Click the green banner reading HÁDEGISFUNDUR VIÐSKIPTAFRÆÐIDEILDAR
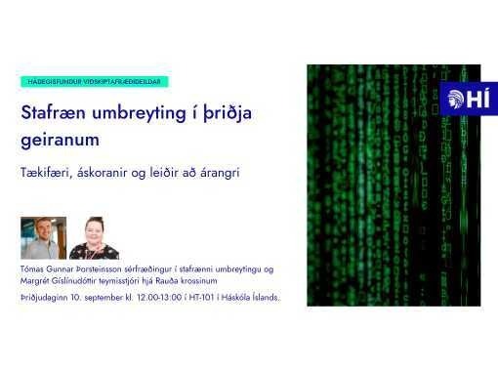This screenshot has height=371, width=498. [95, 82]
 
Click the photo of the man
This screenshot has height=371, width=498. [43, 237]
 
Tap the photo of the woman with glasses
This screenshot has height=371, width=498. [95, 237]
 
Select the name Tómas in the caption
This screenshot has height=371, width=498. [33, 268]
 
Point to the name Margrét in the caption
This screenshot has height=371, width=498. [36, 281]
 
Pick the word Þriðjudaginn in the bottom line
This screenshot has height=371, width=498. [45, 297]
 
